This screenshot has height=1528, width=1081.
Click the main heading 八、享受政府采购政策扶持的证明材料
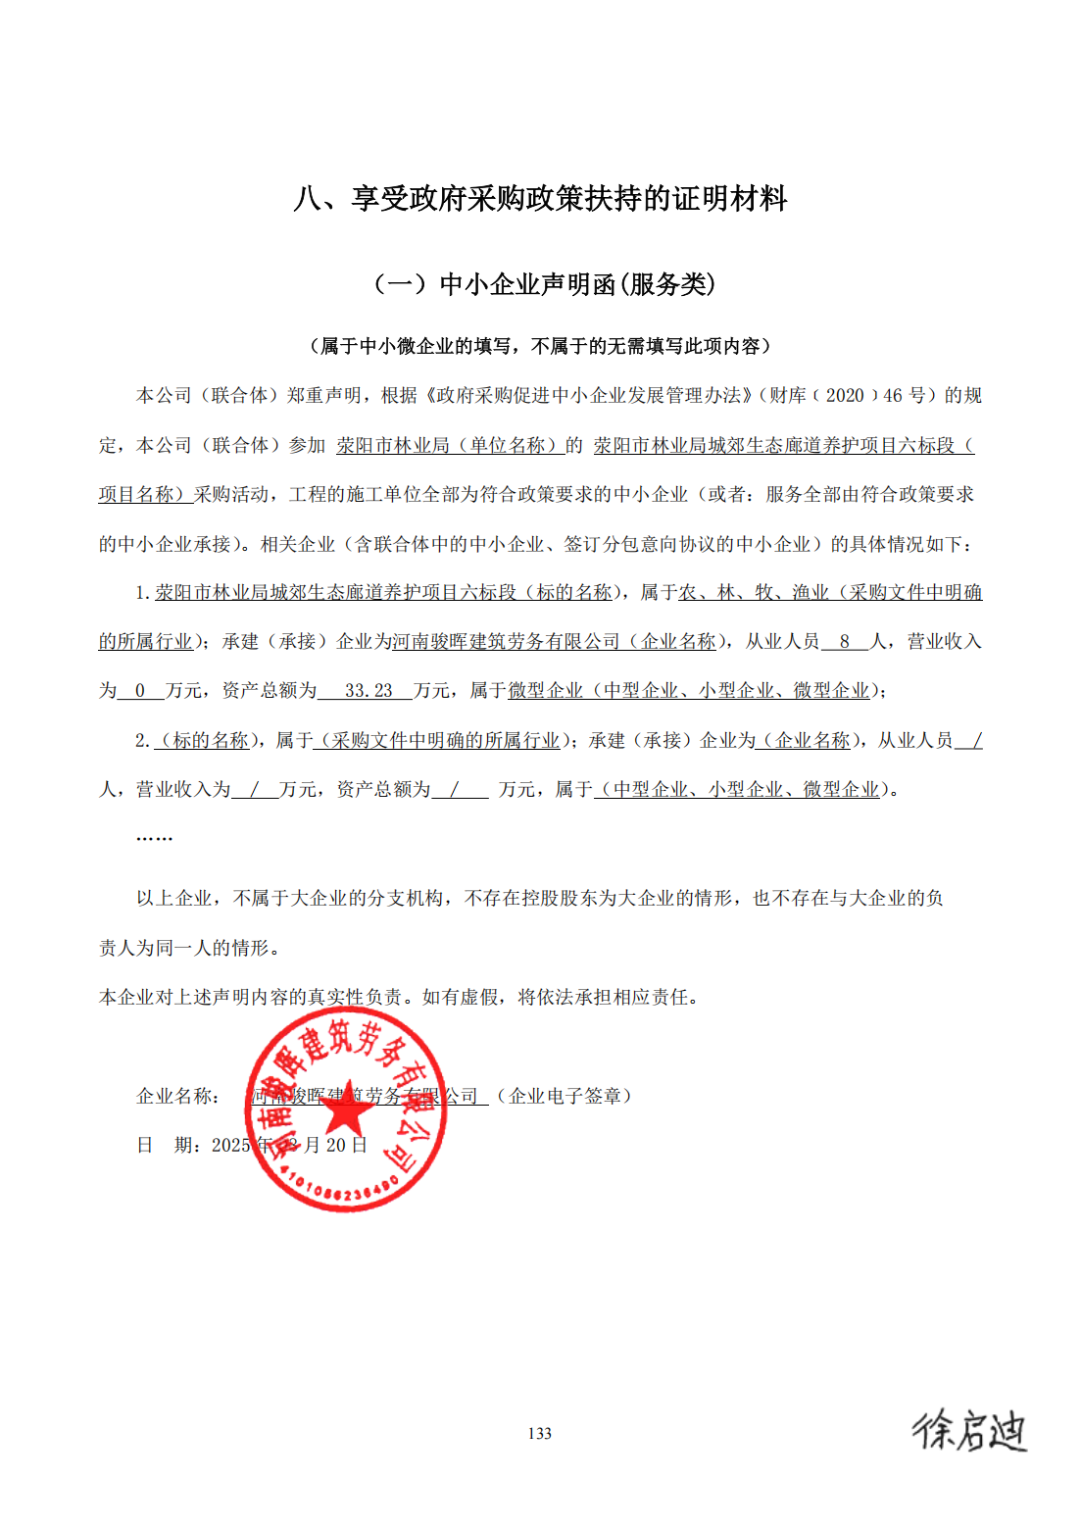[x=540, y=199]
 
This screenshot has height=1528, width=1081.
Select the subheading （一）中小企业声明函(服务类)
[x=544, y=284]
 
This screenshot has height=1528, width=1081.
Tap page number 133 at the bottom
[x=539, y=1433]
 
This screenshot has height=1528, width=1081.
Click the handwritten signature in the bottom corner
[x=968, y=1430]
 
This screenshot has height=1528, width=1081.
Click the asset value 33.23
[x=369, y=691]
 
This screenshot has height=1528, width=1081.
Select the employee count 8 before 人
[x=844, y=642]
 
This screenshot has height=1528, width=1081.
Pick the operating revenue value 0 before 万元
[x=140, y=691]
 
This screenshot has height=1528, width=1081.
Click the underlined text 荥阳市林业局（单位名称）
[x=450, y=445]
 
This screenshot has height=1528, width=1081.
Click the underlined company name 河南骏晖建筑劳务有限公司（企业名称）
[x=555, y=642]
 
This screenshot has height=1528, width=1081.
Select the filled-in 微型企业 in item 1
[x=545, y=691]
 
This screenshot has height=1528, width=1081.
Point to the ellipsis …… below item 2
[x=154, y=837]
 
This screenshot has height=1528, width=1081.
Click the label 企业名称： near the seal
[x=179, y=1096]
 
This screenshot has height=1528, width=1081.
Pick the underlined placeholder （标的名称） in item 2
[x=207, y=740]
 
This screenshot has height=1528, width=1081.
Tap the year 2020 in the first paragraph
[x=845, y=395]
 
